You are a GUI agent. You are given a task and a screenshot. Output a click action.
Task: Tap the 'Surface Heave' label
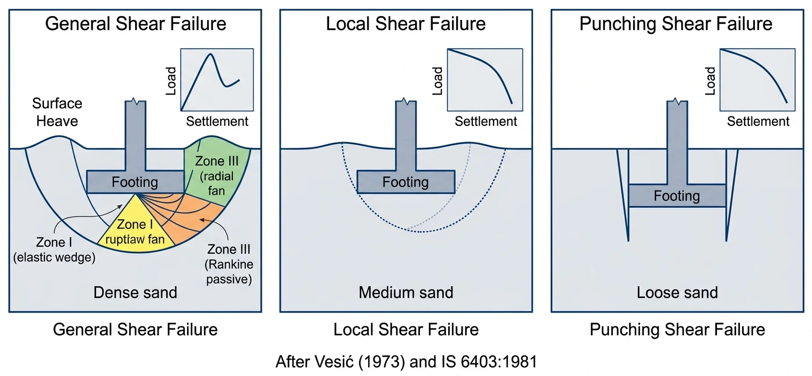point(57,112)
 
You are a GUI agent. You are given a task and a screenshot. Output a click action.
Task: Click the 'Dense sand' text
point(135,293)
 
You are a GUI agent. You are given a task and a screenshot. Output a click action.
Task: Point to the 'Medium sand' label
point(406,293)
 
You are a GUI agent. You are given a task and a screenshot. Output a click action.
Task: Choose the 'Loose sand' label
point(677,293)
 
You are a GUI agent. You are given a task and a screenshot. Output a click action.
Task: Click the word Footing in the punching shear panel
point(677,196)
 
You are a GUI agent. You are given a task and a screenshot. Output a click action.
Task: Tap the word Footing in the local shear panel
point(405,182)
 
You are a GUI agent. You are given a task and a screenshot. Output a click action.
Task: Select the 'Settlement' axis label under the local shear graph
point(486,122)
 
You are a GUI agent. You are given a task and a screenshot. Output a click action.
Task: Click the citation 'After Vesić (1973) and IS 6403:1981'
point(405,362)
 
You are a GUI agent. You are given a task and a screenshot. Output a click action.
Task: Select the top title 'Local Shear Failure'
point(406,24)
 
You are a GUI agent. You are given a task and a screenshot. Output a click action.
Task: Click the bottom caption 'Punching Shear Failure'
point(677,330)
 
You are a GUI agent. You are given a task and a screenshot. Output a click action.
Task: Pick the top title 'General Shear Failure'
point(135,24)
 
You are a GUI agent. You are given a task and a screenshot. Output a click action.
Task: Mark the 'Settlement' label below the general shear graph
point(217,122)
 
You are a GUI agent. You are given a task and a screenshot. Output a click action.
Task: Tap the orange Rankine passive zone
point(198,224)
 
